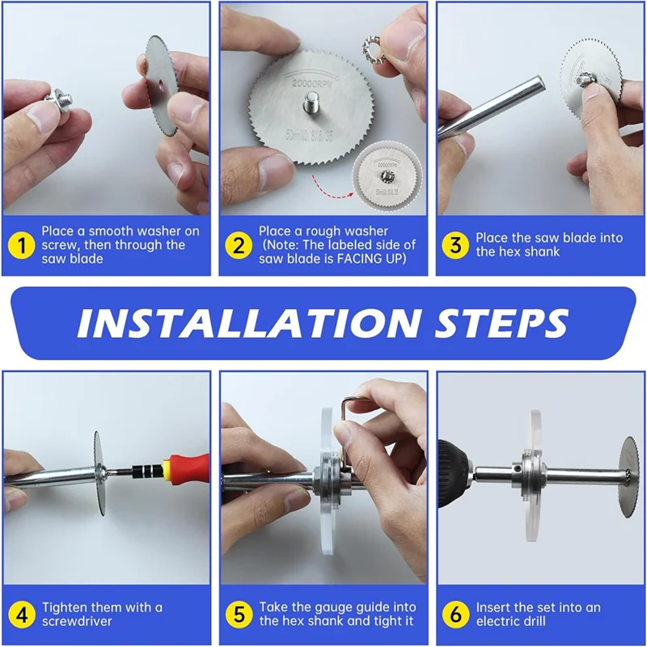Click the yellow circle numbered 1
coord(21,246)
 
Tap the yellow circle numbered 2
coord(239,246)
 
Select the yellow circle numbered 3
coord(455,245)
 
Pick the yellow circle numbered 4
coord(22,615)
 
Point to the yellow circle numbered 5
coord(239,615)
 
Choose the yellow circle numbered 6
coord(455,615)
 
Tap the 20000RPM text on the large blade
coord(312,83)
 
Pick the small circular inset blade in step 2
coord(387,176)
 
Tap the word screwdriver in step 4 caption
coord(77,621)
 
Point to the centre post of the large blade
coord(311,103)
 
